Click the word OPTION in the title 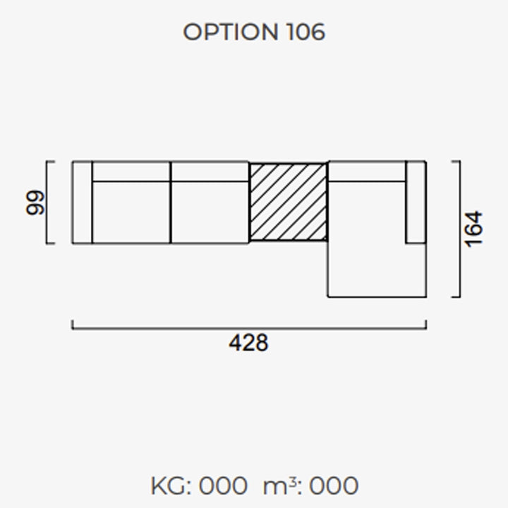[x=231, y=32]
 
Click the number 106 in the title [x=306, y=32]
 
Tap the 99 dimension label [x=35, y=202]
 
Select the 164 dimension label [x=473, y=229]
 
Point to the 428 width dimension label [x=248, y=343]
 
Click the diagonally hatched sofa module [x=288, y=202]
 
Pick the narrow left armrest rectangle [x=83, y=202]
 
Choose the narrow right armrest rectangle [x=416, y=202]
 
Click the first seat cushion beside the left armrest [x=131, y=212]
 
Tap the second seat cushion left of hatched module [x=210, y=212]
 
